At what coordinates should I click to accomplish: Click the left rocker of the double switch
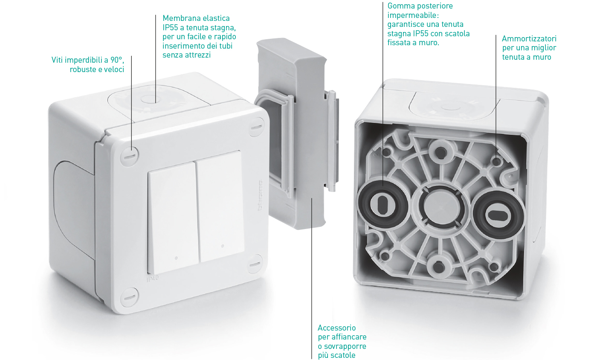173,218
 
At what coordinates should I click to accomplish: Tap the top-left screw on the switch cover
129,156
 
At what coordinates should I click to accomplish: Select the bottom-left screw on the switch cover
129,297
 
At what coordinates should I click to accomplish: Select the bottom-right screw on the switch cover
255,264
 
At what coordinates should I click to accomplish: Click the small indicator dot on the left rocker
176,258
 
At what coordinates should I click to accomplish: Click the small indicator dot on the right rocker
223,246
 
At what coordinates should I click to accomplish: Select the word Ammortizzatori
529,39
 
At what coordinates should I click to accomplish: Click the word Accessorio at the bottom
336,328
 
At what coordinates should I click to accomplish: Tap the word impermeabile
413,15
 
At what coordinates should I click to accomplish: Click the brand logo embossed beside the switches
261,196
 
